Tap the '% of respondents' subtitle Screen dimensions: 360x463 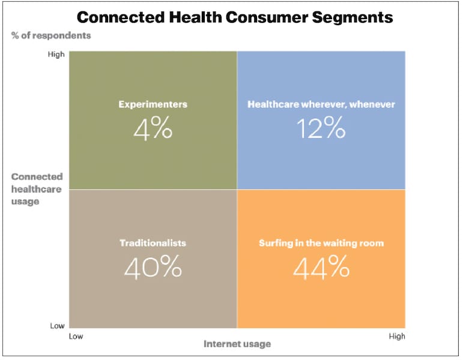click(51, 35)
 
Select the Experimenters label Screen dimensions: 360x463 click(153, 104)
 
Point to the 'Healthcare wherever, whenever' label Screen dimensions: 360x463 click(321, 104)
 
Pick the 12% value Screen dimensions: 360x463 click(321, 128)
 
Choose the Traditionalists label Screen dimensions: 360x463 click(153, 243)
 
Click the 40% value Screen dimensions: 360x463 click(153, 267)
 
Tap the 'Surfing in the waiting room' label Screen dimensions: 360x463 click(321, 243)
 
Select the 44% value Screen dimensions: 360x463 click(321, 267)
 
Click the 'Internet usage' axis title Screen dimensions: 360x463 click(237, 344)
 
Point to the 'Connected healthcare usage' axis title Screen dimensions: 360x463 click(37, 189)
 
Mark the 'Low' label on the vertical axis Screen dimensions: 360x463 click(57, 326)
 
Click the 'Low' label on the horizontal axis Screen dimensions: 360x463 click(76, 336)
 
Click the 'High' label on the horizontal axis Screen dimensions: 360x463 click(396, 336)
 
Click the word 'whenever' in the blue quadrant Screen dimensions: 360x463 click(373, 104)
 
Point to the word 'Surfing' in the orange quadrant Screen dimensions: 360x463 click(275, 243)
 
